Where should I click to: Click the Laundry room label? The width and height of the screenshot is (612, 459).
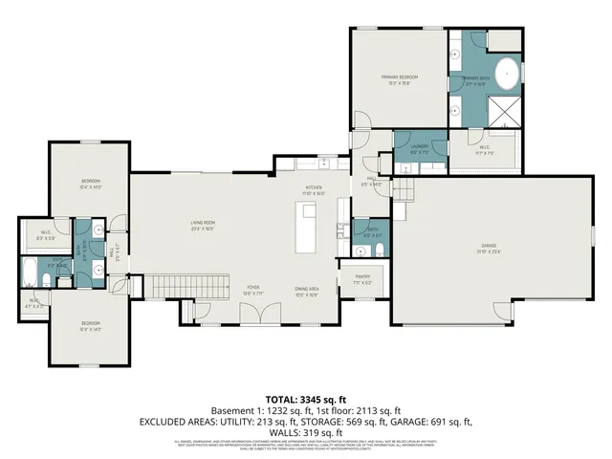click(418, 146)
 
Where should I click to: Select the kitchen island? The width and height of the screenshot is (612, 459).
click(308, 233)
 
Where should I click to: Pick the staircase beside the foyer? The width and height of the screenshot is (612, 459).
click(186, 285)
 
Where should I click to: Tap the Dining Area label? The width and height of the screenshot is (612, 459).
click(307, 288)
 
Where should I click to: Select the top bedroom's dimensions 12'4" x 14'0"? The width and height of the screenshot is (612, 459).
click(91, 187)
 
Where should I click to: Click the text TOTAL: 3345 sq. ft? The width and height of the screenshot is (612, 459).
click(305, 397)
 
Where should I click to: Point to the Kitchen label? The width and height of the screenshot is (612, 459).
click(314, 186)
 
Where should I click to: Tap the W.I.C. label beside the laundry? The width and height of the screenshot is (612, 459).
click(482, 147)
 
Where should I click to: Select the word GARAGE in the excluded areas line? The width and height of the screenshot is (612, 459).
click(424, 421)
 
